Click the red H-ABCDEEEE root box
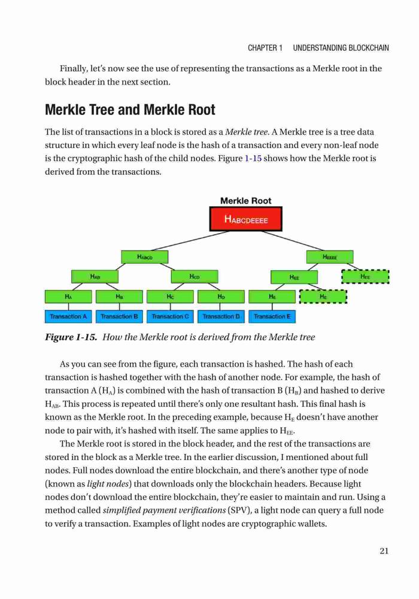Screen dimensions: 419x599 pyautogui.click(x=246, y=219)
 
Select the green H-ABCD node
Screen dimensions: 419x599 pyautogui.click(x=145, y=257)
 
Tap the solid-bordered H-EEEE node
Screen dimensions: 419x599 pyautogui.click(x=330, y=257)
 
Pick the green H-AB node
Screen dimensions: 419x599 pyautogui.click(x=95, y=277)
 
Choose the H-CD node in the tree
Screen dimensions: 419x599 pyautogui.click(x=195, y=277)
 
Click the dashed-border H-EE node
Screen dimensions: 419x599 pyautogui.click(x=365, y=277)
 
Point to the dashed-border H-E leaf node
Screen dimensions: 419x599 pyautogui.click(x=323, y=297)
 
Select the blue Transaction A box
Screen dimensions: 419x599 pyautogui.click(x=68, y=316)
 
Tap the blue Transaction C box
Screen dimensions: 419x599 pyautogui.click(x=170, y=316)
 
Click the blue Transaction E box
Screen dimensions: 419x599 pyautogui.click(x=272, y=316)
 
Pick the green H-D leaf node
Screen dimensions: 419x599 pyautogui.click(x=221, y=297)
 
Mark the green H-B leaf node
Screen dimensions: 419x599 pyautogui.click(x=119, y=297)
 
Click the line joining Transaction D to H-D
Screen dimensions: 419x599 pyautogui.click(x=220, y=307)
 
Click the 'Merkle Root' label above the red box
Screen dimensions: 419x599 pyautogui.click(x=246, y=201)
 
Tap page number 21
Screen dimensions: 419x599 pyautogui.click(x=384, y=550)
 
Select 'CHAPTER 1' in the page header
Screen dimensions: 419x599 pyautogui.click(x=265, y=48)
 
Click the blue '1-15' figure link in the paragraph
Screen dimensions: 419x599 pyautogui.click(x=253, y=158)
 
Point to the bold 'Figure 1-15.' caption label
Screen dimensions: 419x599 pyautogui.click(x=71, y=337)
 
